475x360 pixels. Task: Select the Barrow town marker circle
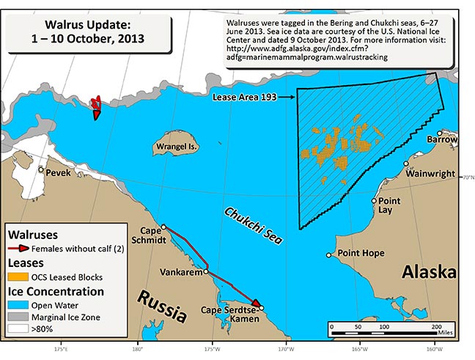[440, 133]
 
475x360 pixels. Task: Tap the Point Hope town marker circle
[329, 255]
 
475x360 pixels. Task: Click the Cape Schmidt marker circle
[163, 227]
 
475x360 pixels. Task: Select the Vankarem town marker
[206, 271]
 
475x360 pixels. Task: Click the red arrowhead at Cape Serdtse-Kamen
[256, 304]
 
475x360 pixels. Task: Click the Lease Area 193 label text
[241, 96]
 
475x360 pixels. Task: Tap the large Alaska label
[430, 273]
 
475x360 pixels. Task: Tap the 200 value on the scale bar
[436, 326]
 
